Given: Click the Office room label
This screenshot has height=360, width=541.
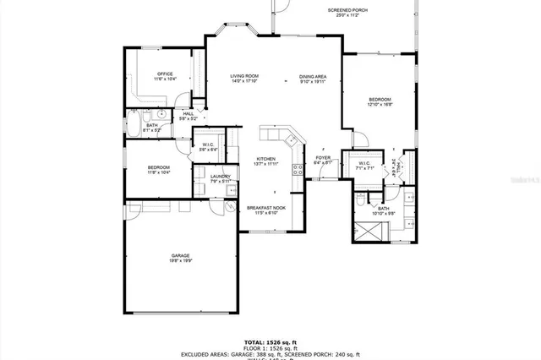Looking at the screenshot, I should (x=164, y=76).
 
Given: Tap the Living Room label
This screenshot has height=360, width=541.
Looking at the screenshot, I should (x=244, y=79).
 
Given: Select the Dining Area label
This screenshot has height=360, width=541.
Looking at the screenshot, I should (x=313, y=79).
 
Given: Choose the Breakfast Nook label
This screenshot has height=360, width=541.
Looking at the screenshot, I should (x=266, y=210).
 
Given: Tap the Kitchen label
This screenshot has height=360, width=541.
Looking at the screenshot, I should (x=266, y=161).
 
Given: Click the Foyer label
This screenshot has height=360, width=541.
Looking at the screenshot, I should (x=323, y=160).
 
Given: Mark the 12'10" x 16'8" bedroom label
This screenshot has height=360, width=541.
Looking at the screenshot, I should (x=380, y=102).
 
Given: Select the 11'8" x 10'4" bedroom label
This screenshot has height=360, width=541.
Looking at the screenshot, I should (x=159, y=170).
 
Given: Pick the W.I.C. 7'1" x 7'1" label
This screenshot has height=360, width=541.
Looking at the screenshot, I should (x=364, y=166).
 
